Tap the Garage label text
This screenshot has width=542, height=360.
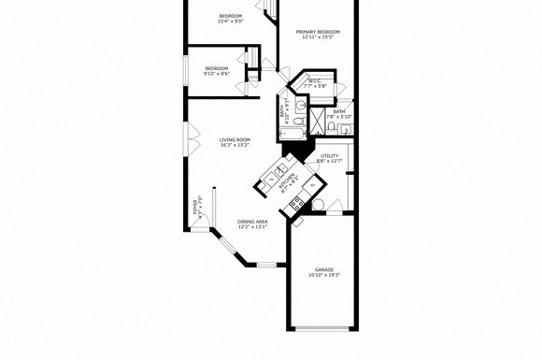coord(324,269)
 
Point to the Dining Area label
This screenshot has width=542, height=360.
coord(252,222)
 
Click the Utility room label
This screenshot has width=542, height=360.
coord(330,156)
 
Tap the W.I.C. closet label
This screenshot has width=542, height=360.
coord(315,81)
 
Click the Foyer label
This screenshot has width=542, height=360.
coord(196,206)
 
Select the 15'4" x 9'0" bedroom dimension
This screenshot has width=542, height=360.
coord(231,22)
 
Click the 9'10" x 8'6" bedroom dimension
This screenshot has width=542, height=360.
coord(217,75)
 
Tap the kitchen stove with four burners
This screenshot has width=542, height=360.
coord(296,205)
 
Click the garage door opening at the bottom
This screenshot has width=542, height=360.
coord(322,327)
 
